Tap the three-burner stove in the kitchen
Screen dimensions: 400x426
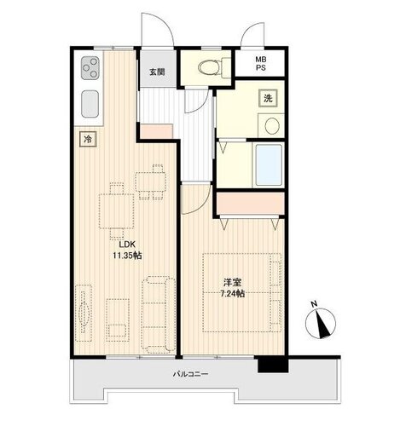(x=90, y=67)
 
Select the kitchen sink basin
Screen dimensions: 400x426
(x=90, y=104)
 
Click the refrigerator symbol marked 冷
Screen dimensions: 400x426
(x=88, y=139)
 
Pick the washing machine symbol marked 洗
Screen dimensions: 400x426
(x=268, y=98)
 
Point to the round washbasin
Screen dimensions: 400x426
(x=272, y=126)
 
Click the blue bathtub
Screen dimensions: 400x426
(x=269, y=165)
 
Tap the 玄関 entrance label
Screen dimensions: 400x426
(x=157, y=72)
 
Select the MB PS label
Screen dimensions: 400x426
(x=261, y=64)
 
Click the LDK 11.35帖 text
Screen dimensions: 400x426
(x=127, y=250)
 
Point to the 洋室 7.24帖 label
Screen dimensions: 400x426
(x=233, y=288)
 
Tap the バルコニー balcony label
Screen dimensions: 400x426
(x=191, y=374)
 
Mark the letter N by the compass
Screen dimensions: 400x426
(x=314, y=304)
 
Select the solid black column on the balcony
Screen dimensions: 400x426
(x=273, y=365)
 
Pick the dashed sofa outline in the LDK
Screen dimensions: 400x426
(x=159, y=314)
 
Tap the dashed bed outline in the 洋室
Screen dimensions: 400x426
(x=242, y=292)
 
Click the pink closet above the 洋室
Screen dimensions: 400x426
(x=250, y=204)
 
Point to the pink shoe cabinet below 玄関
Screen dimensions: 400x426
(x=157, y=131)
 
